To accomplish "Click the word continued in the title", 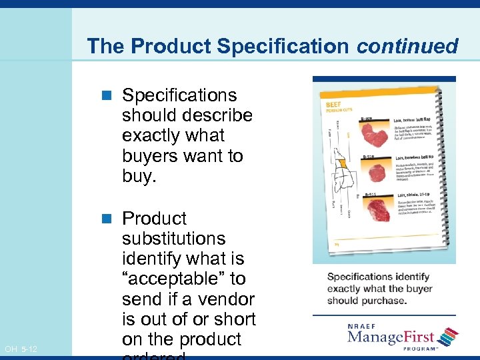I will tap(407, 46).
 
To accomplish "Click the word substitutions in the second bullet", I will tap(174, 239).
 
